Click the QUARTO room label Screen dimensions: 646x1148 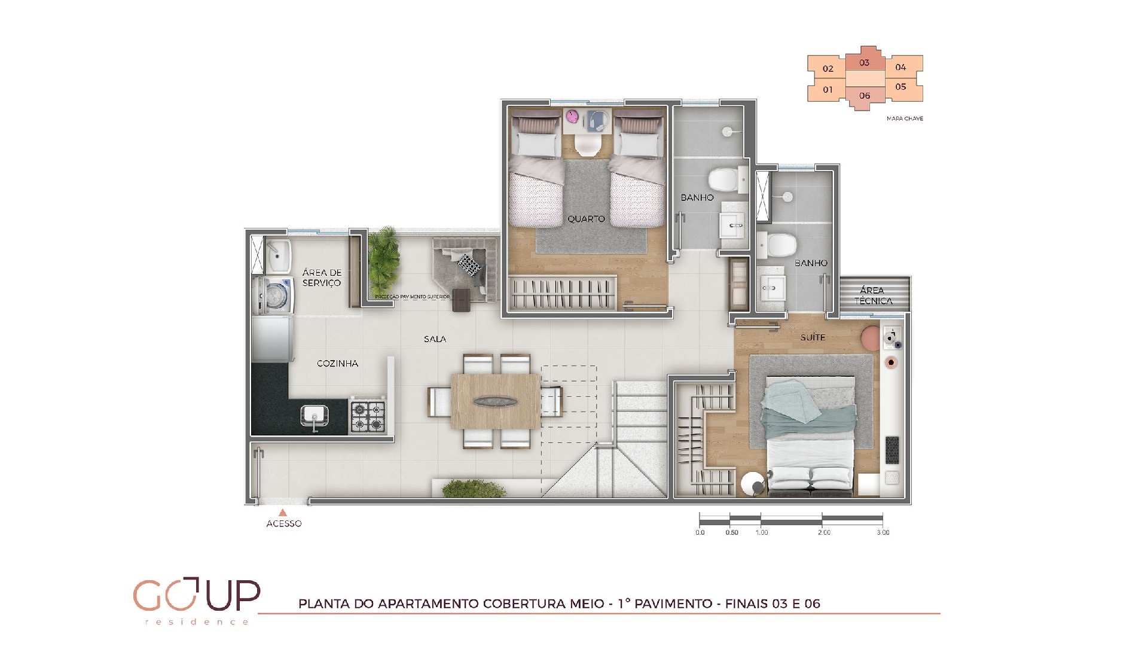click(586, 219)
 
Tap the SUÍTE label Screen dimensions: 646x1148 click(813, 337)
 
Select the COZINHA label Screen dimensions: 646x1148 click(337, 363)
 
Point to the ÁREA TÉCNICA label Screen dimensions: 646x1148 click(872, 295)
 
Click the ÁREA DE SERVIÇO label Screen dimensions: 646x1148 click(322, 278)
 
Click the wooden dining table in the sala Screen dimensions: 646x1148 click(495, 401)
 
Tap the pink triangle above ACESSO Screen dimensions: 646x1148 click(283, 513)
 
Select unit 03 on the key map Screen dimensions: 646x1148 click(864, 62)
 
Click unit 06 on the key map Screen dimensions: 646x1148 click(865, 96)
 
